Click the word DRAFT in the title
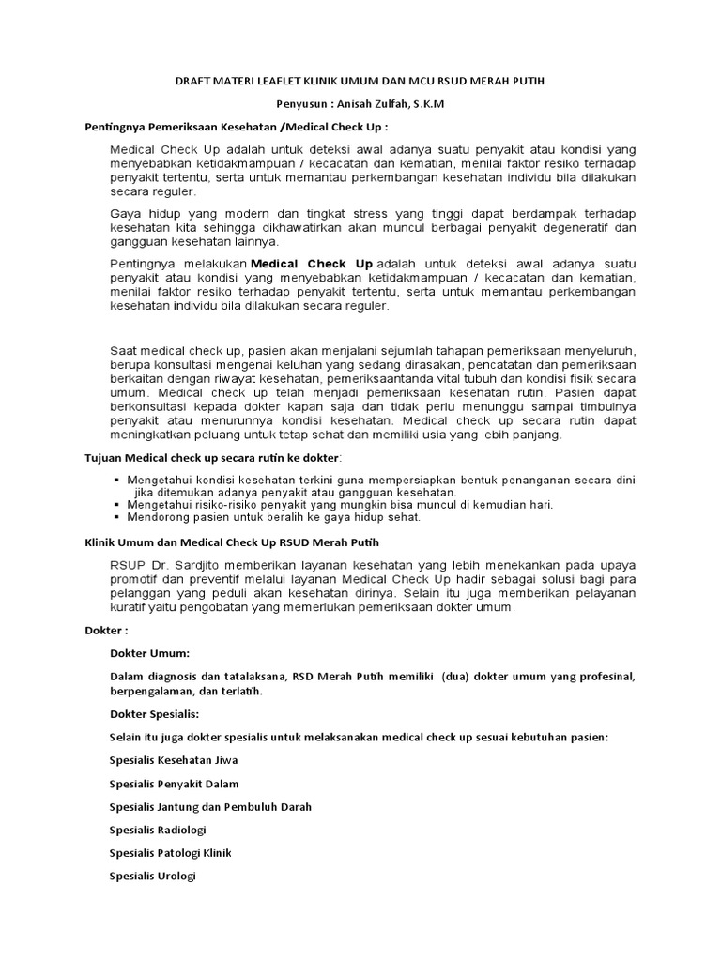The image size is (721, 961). tap(195, 82)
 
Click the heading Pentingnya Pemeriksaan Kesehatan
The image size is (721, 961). tap(170, 126)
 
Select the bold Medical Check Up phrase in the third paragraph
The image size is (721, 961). tap(312, 264)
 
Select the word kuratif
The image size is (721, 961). tap(132, 607)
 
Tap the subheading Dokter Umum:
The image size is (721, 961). tap(149, 652)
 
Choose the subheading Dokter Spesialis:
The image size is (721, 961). tap(155, 714)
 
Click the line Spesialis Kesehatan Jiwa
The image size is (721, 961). tap(173, 761)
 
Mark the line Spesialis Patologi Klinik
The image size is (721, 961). tap(170, 853)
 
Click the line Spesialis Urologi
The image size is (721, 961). tap(153, 877)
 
